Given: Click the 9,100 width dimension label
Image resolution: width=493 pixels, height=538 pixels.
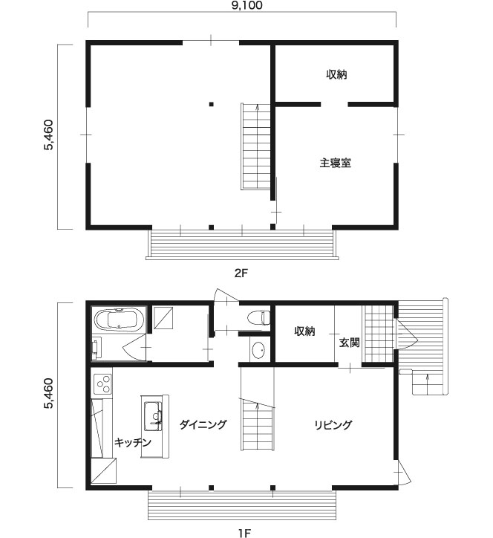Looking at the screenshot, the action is [x=242, y=5].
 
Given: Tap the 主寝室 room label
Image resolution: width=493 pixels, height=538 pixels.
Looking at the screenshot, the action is [x=336, y=163].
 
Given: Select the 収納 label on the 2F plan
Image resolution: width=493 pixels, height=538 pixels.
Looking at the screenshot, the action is [x=336, y=74].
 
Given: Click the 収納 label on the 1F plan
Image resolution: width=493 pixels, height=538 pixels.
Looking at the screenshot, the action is [x=304, y=331].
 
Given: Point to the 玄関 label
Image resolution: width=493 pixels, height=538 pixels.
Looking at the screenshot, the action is [x=349, y=343].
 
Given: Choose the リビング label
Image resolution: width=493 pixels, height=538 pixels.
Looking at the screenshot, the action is [x=333, y=425].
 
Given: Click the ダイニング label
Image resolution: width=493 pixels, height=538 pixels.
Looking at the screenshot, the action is [x=203, y=424].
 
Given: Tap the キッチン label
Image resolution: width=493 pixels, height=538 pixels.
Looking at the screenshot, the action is [x=133, y=442].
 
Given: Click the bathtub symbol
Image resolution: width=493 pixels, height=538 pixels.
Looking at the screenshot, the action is [x=119, y=320].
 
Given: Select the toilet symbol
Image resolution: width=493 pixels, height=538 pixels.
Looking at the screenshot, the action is [x=258, y=317].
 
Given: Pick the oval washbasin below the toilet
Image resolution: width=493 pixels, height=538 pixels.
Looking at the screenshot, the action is [x=258, y=350].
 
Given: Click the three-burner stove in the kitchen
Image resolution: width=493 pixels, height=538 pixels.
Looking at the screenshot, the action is [x=102, y=383].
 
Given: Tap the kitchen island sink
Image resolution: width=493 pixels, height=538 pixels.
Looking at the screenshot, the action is [x=153, y=416].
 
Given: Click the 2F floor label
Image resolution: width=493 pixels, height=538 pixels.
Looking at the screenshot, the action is [x=241, y=273].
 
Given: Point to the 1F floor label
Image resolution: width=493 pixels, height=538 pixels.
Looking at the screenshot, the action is [x=245, y=533].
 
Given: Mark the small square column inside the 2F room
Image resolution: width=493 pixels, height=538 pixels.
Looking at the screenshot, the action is [x=212, y=104].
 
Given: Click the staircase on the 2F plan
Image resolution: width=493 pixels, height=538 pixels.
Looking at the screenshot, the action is [x=255, y=146].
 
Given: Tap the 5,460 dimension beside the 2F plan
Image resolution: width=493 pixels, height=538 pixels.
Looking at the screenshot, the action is [x=48, y=134].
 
